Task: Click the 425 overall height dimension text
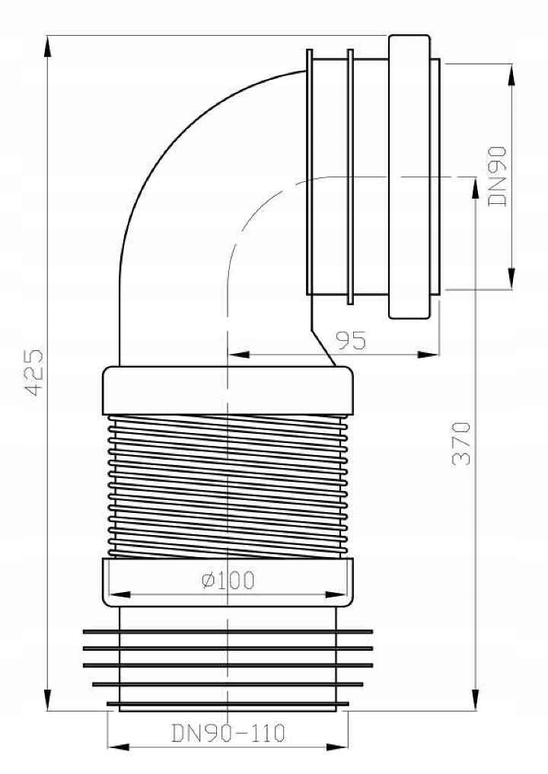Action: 33,372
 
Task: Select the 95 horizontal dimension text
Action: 349,339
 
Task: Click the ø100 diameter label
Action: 228,581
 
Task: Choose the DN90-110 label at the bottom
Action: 228,734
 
